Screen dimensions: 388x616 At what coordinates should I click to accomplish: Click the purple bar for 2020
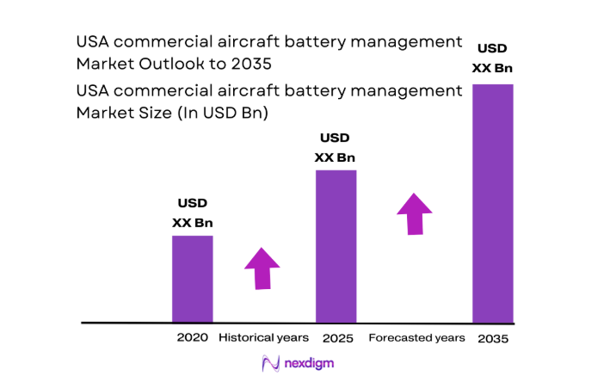tap(193, 279)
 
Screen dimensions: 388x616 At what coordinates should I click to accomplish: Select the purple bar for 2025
tap(336, 246)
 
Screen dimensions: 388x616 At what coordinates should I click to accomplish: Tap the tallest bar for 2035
tap(493, 203)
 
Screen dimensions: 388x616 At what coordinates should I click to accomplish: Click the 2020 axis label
tap(192, 338)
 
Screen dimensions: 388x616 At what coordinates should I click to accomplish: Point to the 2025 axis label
tap(338, 338)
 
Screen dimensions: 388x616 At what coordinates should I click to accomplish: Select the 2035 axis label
tap(492, 339)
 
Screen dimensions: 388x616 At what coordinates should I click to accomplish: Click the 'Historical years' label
tap(263, 338)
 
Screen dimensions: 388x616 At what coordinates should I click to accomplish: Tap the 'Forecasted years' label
tap(416, 338)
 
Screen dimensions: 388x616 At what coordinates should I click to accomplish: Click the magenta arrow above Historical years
tap(262, 268)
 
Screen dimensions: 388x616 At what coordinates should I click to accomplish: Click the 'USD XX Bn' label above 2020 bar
tap(193, 213)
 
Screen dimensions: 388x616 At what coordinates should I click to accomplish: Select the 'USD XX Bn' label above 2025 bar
tap(336, 147)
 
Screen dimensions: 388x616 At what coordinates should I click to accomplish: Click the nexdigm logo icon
tap(269, 364)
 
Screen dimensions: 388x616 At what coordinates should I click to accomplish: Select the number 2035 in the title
tap(249, 64)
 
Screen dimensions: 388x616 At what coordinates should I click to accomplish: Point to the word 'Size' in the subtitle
tap(168, 113)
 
